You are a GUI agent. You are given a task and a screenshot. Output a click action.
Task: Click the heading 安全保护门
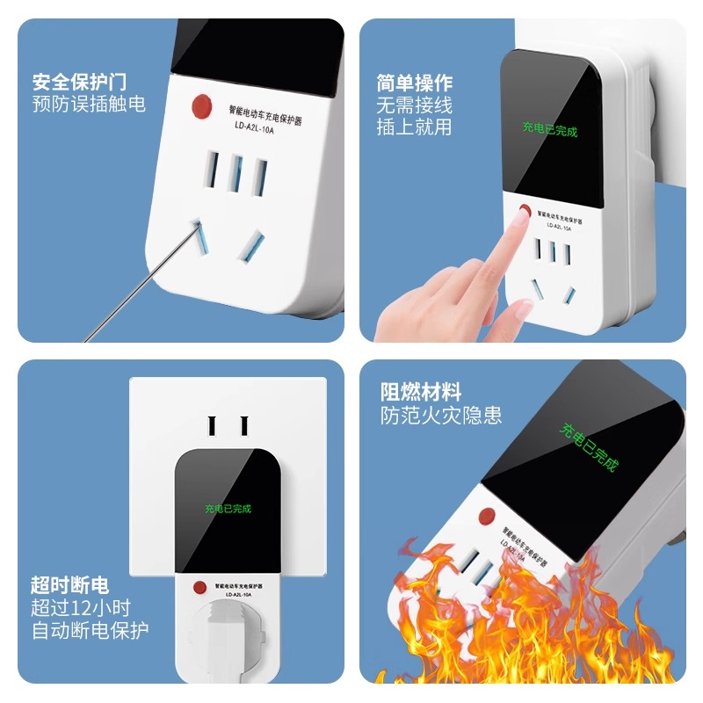[x=80, y=82]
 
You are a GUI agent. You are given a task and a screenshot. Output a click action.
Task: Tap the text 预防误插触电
[x=89, y=105]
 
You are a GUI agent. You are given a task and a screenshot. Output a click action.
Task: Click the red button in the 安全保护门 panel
[x=201, y=107]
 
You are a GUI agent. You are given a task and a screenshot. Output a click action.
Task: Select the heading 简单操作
[x=415, y=83]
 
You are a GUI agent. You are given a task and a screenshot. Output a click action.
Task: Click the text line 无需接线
[x=415, y=105]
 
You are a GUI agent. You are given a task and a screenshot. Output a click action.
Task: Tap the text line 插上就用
[x=415, y=127]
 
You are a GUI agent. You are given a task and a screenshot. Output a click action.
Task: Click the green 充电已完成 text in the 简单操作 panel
[x=550, y=131]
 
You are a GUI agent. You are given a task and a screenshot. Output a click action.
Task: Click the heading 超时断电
[x=70, y=585]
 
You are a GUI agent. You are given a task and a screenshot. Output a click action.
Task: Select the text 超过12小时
[x=81, y=607]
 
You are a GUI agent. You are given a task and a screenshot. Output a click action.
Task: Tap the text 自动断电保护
[x=91, y=630]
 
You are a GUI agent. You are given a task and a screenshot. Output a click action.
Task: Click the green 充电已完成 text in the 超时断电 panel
[x=228, y=508]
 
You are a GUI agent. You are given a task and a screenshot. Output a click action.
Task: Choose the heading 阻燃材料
[x=421, y=392]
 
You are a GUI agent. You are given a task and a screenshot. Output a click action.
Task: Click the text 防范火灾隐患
[x=441, y=416]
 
